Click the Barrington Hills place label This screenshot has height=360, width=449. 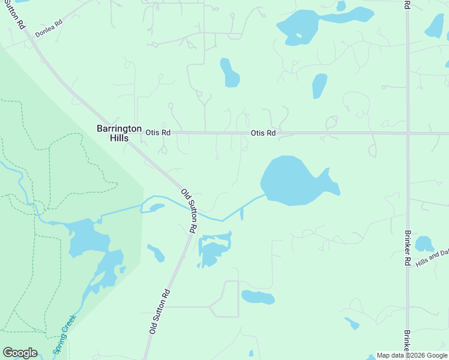coord(119,133)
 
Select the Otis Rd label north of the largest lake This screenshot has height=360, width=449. coord(263,133)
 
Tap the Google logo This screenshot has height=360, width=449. coord(20,353)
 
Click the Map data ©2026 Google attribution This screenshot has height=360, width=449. coord(412,355)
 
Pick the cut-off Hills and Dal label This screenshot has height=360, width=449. coord(431,258)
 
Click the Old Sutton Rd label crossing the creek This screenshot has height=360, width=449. coord(190,211)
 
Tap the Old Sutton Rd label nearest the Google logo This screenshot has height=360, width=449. coord(160,311)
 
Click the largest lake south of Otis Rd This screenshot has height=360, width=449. coord(291,180)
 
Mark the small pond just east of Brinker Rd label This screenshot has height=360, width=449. coord(424,243)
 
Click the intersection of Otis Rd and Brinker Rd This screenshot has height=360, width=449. coord(408,133)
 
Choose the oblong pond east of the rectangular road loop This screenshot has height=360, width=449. coord(258,296)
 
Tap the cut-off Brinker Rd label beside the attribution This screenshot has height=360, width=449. coord(407,341)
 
